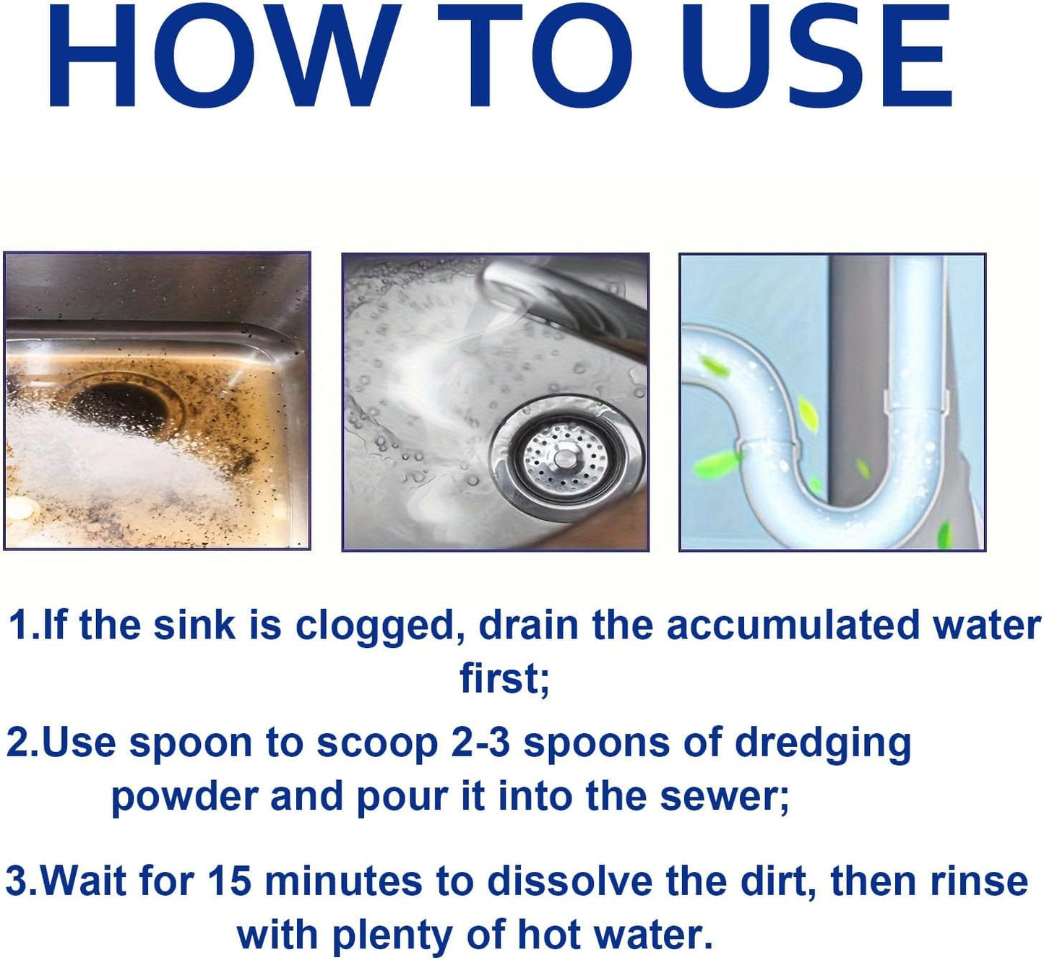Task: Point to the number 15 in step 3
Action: click(230, 881)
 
